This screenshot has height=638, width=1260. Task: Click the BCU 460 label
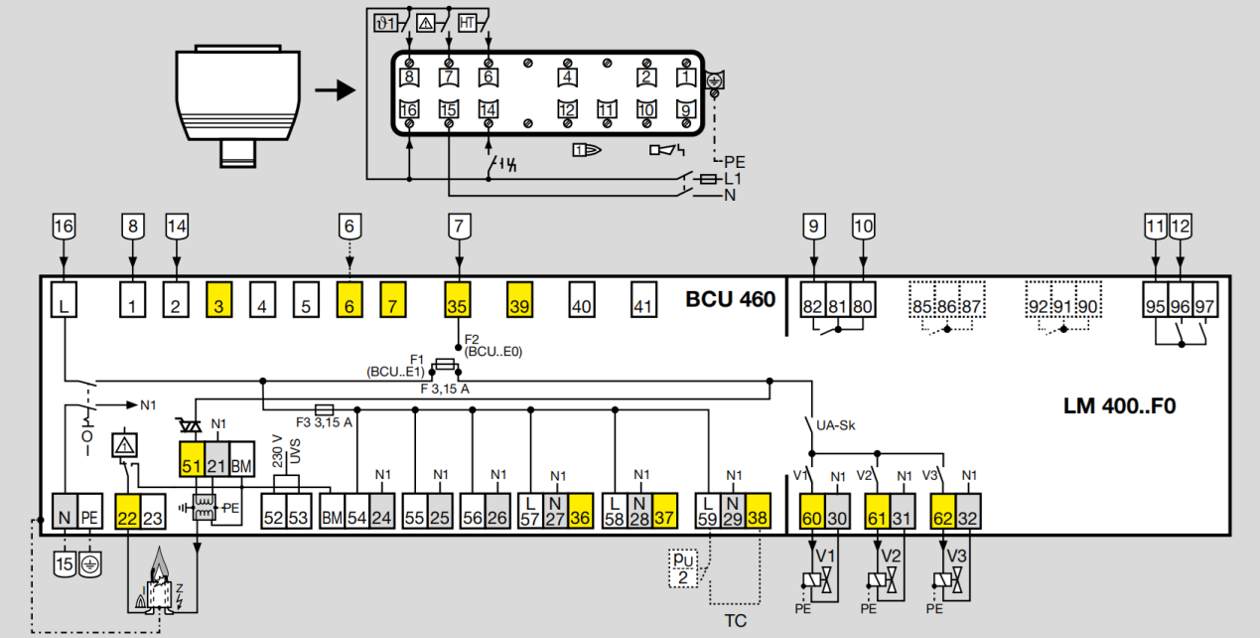(730, 299)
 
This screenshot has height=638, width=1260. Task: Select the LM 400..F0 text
(1119, 406)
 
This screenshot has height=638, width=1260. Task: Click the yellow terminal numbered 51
(191, 464)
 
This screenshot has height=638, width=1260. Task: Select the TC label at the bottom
(735, 621)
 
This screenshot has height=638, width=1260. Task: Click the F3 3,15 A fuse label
(324, 422)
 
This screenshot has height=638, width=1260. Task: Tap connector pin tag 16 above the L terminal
(63, 227)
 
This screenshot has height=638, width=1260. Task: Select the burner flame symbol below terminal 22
(158, 586)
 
